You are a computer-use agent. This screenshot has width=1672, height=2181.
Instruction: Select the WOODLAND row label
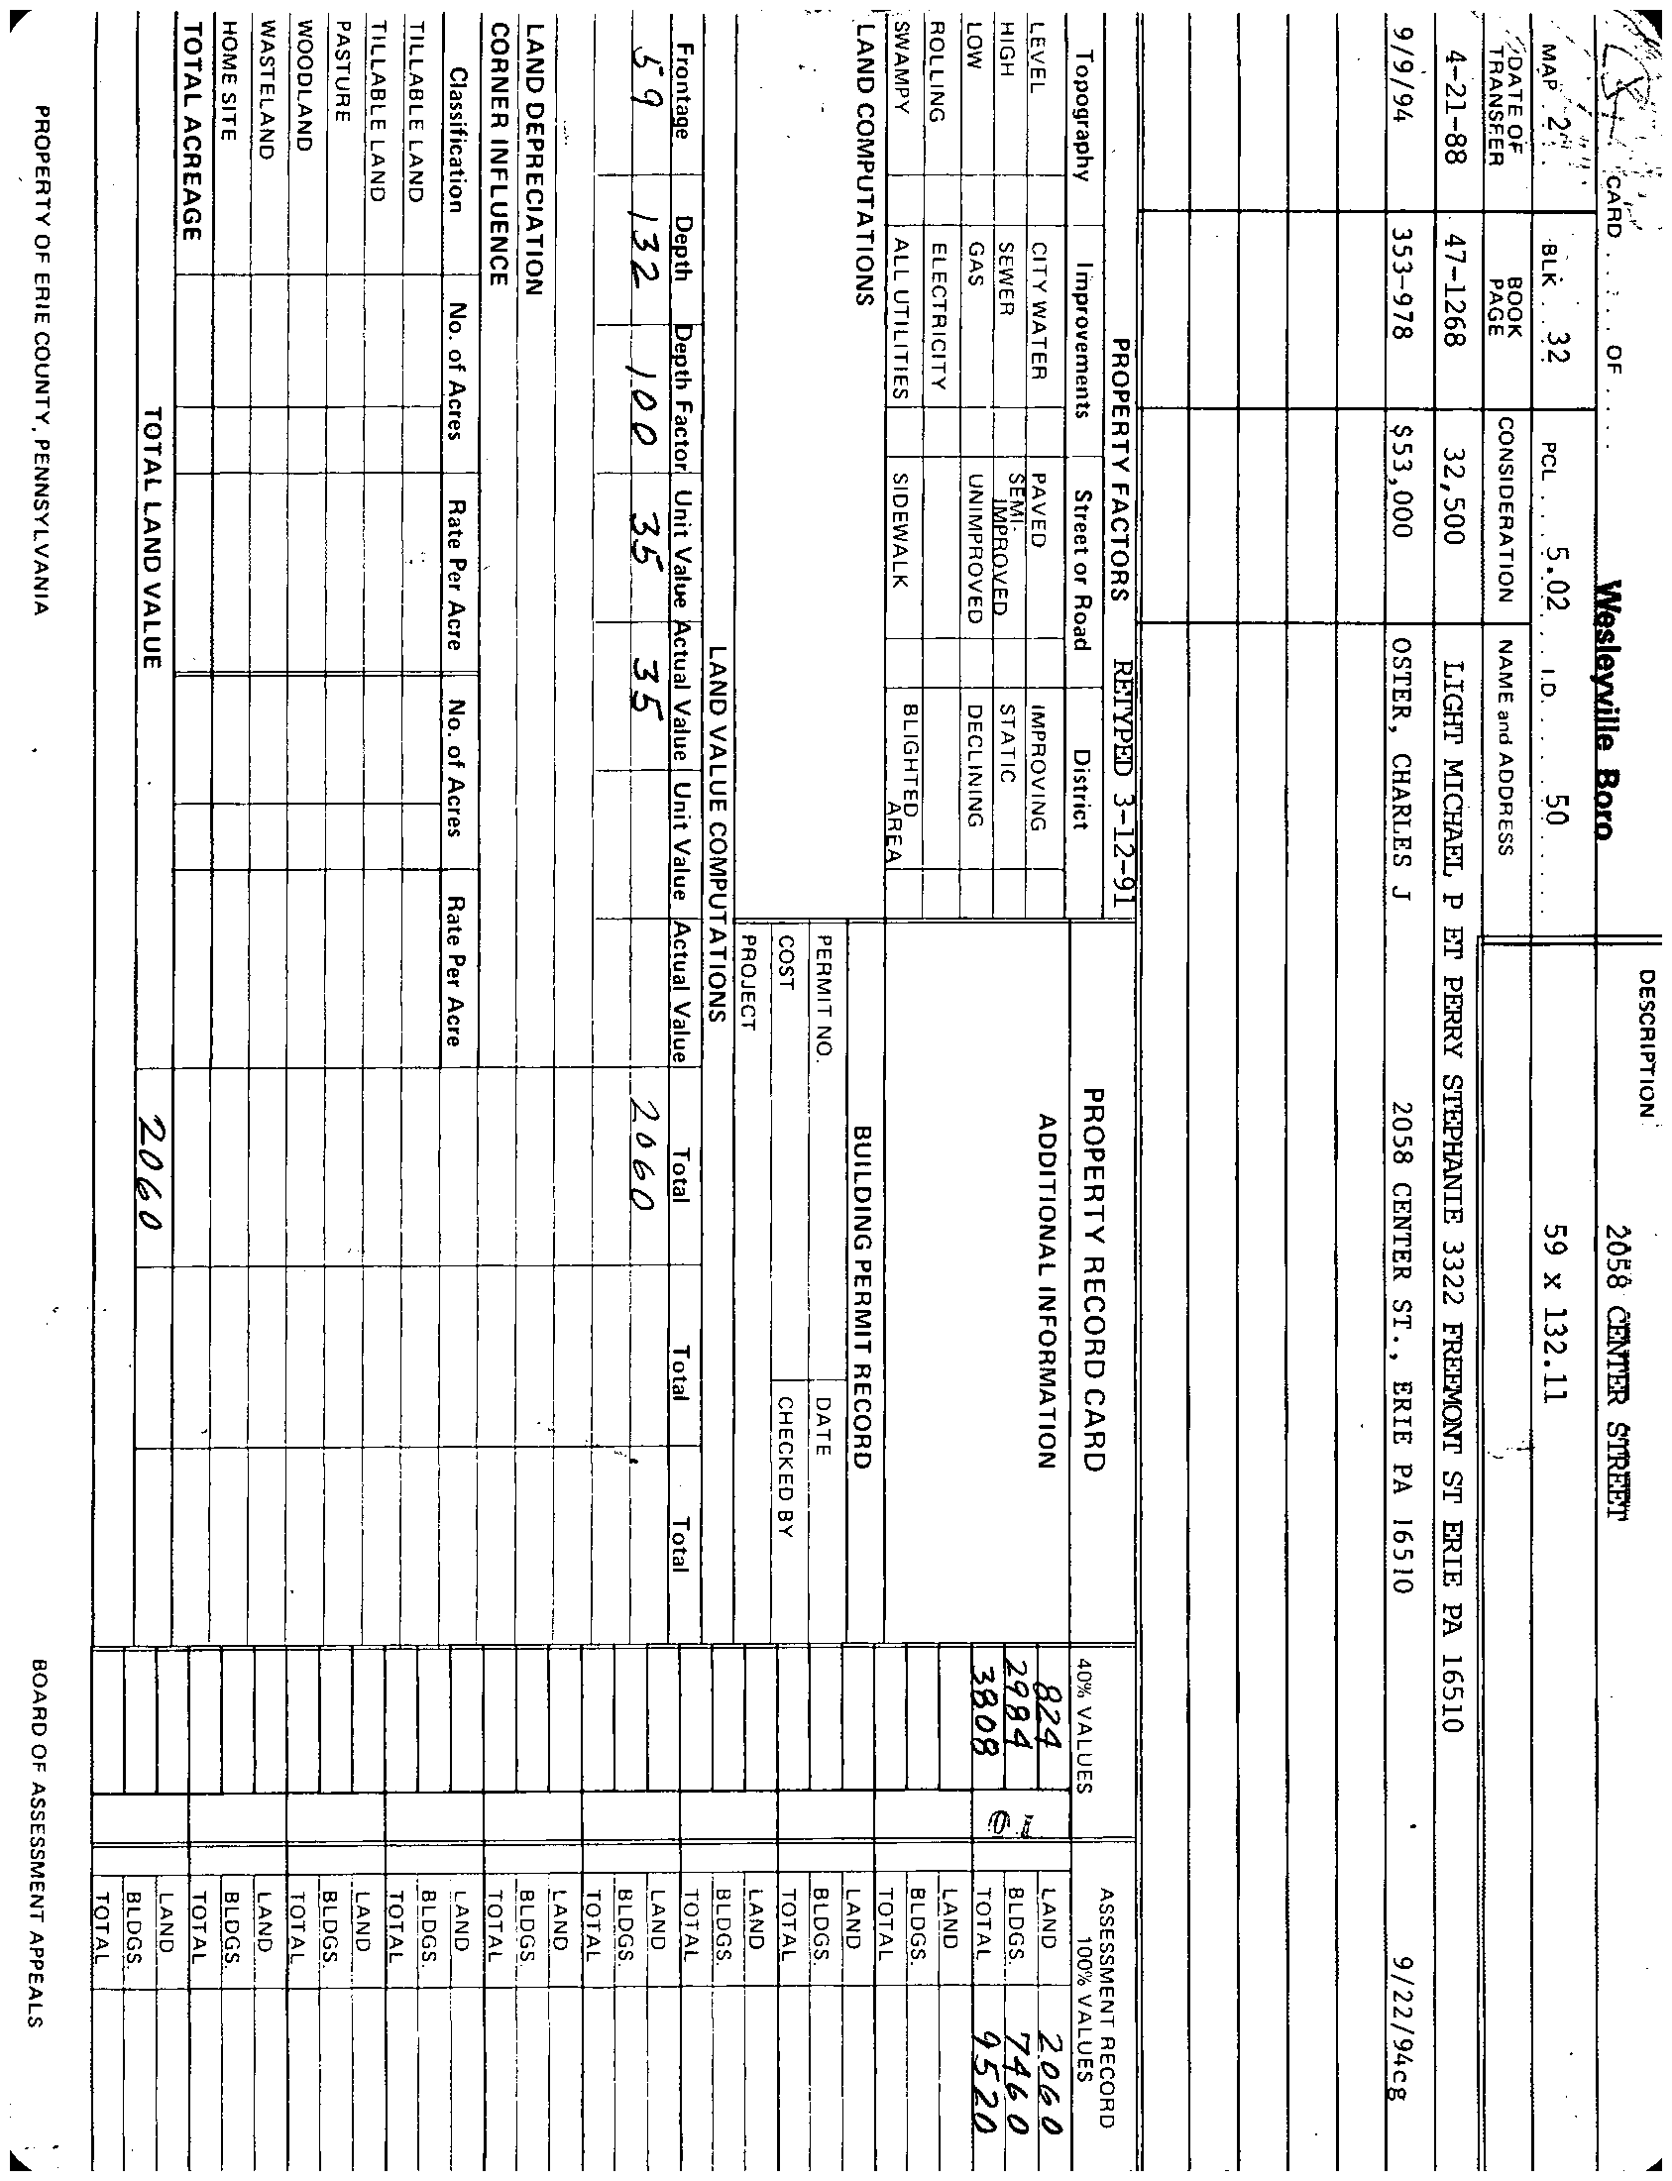pyautogui.click(x=305, y=103)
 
